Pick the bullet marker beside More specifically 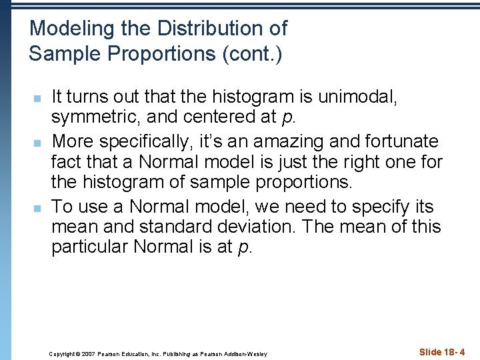(39, 143)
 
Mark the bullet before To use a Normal (39, 207)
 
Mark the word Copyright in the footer (63, 353)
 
